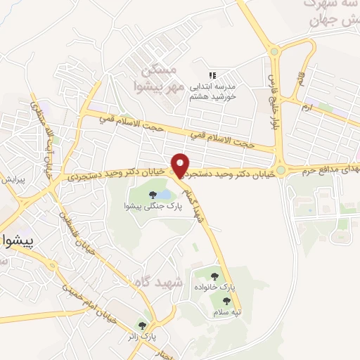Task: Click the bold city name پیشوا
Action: tap(19, 238)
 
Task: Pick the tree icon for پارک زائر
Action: tap(143, 326)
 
